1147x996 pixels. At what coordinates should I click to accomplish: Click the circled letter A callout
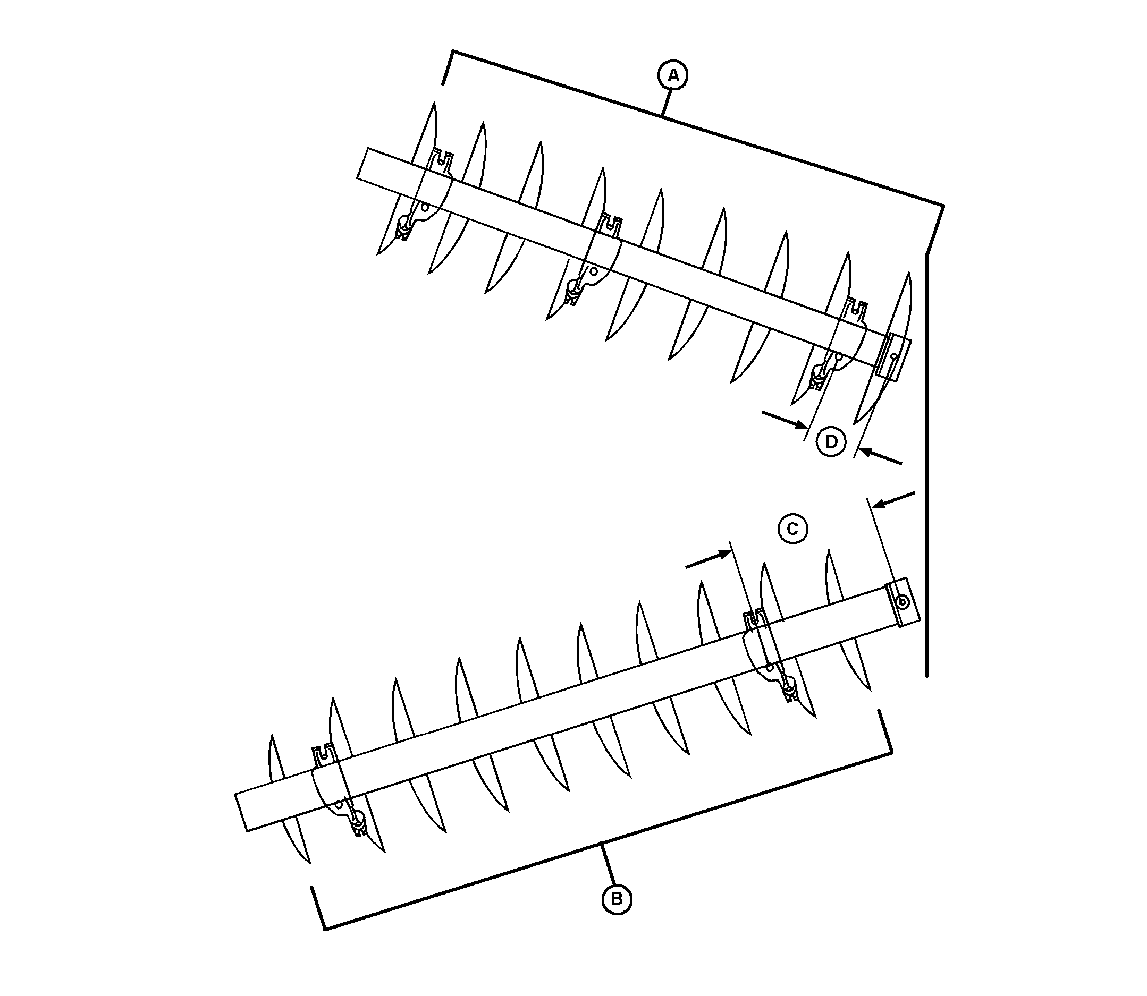coord(673,75)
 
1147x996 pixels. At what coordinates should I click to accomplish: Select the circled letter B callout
coord(617,899)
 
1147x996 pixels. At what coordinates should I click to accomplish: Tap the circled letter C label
coord(793,528)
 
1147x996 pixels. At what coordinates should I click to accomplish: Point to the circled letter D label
coord(831,442)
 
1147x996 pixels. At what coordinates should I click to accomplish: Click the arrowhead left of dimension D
coord(801,425)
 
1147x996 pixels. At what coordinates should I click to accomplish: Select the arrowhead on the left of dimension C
coord(724,553)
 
